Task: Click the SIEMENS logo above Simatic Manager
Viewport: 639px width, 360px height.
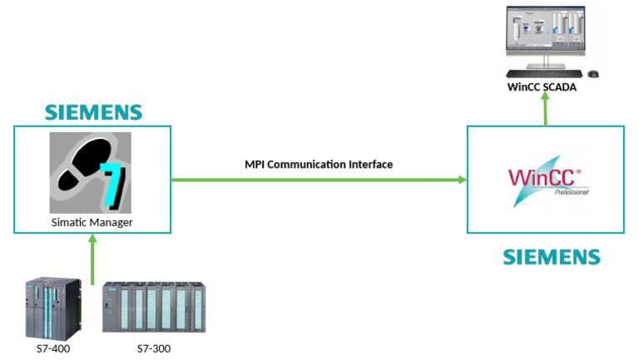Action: pos(93,112)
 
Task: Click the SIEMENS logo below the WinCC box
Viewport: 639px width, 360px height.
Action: pos(551,256)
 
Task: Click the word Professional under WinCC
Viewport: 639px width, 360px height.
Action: pos(570,192)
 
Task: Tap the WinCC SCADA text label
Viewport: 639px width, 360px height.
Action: pos(542,86)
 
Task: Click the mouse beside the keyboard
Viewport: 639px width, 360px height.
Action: pos(592,74)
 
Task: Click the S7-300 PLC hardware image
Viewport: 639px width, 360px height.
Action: pos(153,308)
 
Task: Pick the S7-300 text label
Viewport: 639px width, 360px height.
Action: pos(153,348)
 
